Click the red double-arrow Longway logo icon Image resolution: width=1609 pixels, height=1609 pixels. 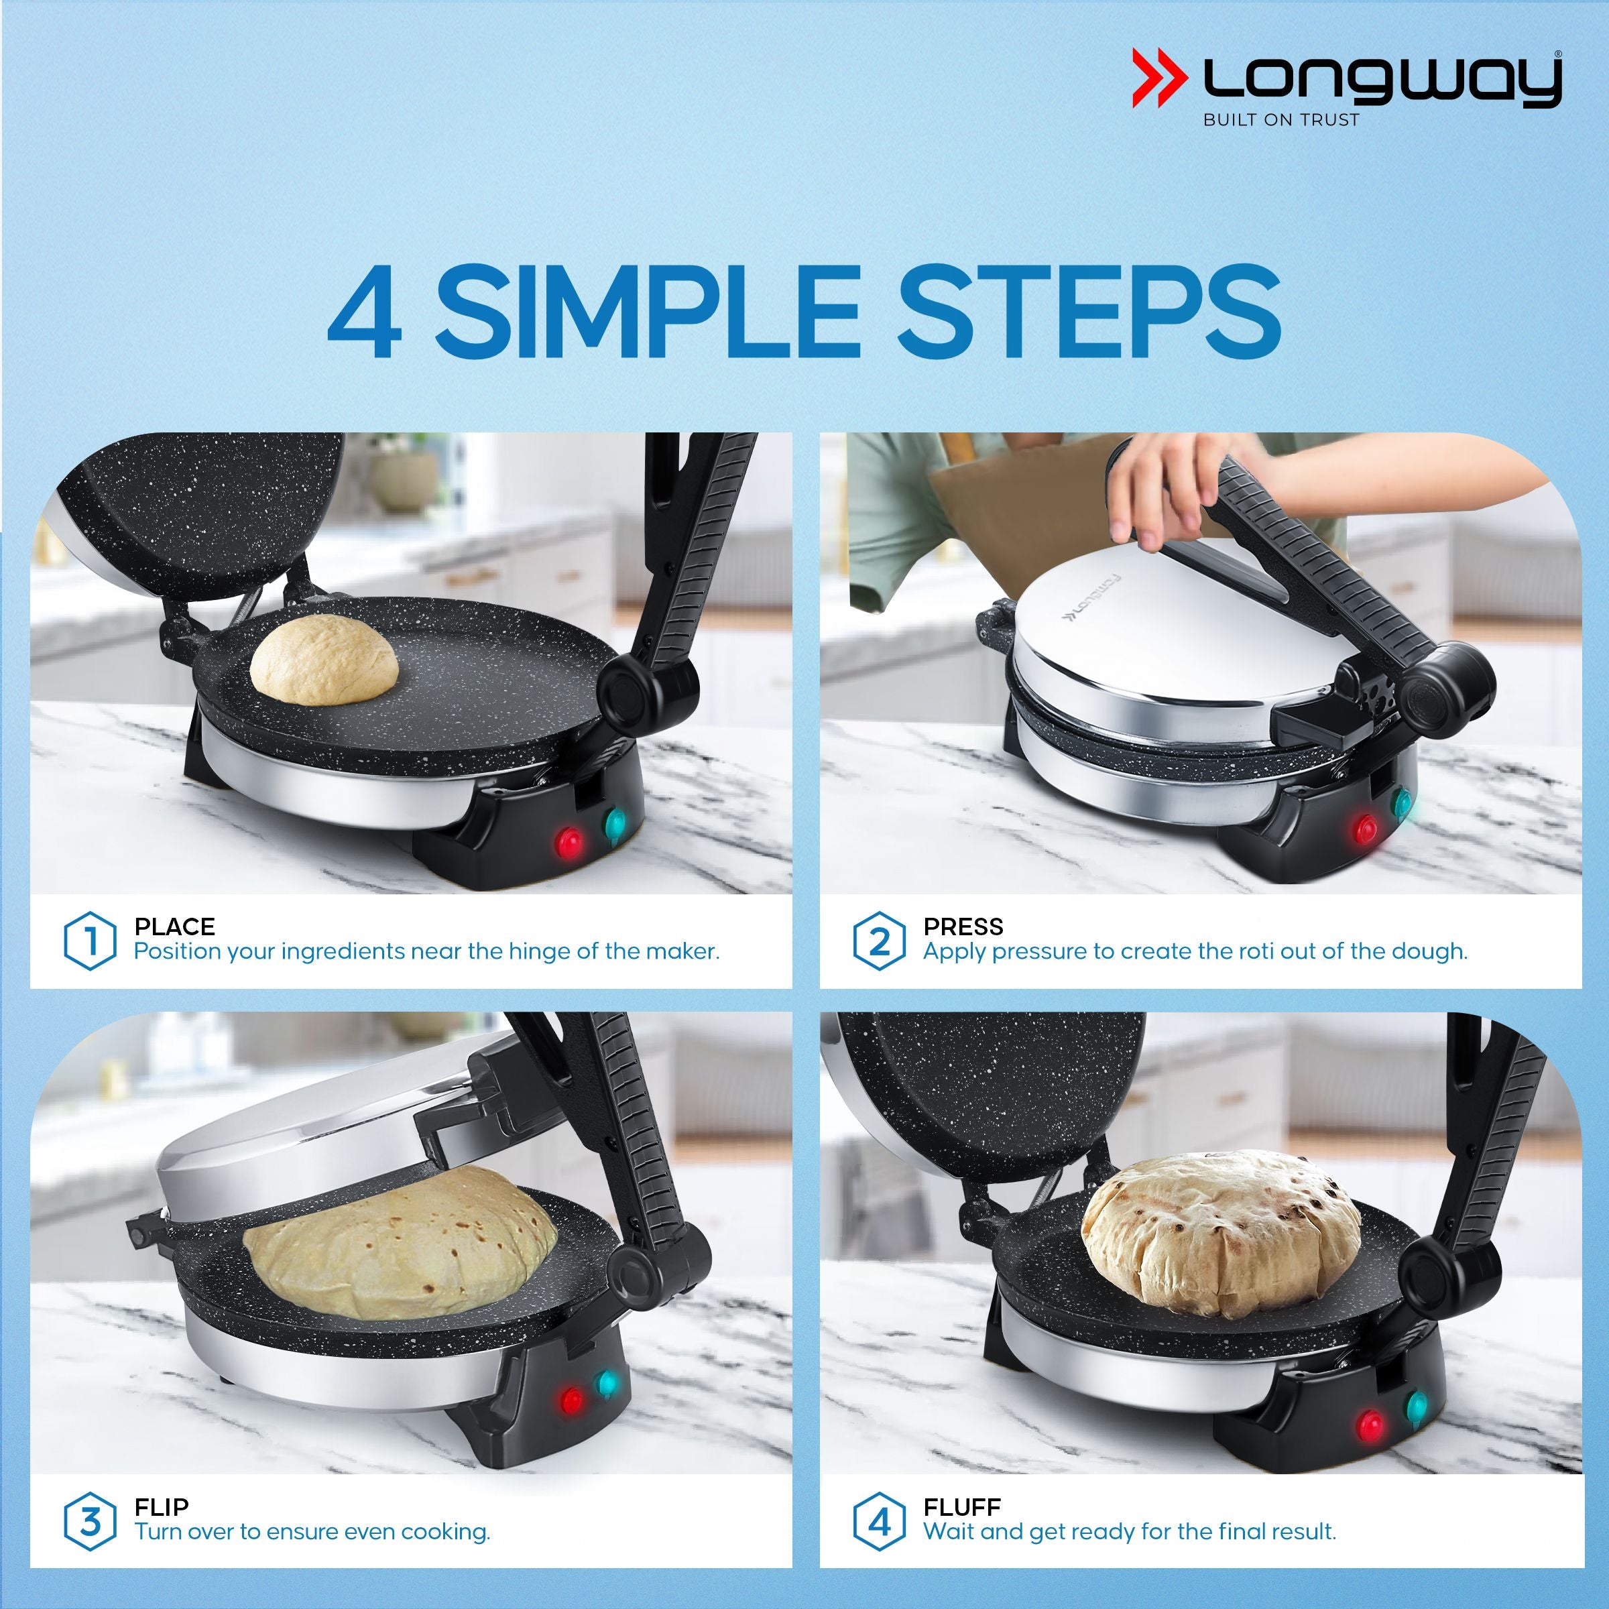pos(1159,78)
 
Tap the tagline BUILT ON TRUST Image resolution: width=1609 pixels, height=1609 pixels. pos(1281,120)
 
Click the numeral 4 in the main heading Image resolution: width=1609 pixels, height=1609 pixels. pos(365,312)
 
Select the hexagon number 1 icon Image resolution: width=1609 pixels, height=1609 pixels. pos(89,941)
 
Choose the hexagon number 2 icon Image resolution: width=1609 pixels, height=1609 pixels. pos(879,941)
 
